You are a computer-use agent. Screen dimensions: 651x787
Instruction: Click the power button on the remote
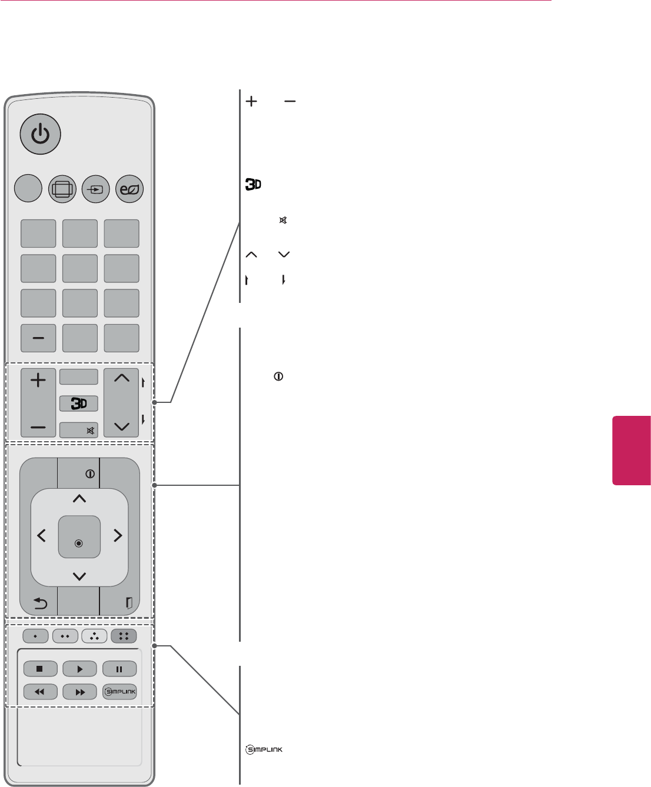[40, 134]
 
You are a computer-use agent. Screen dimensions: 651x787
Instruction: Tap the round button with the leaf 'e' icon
[129, 189]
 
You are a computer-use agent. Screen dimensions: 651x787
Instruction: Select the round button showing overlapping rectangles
[62, 189]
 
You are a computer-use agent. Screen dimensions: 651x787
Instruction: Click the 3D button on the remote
[79, 403]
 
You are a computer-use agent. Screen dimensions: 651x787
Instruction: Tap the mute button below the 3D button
[79, 431]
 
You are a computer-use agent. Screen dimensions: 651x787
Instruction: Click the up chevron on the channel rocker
[121, 379]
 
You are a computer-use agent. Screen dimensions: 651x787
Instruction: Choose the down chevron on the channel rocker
[121, 426]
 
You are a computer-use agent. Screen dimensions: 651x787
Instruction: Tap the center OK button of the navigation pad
[79, 537]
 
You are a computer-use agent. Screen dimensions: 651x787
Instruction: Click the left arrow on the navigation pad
[42, 535]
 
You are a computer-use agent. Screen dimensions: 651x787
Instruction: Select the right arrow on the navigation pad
[118, 535]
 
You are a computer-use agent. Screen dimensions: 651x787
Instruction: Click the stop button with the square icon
[40, 669]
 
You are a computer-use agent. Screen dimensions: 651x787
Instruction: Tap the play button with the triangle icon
[79, 669]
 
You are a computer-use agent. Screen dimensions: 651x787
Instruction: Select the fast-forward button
[79, 692]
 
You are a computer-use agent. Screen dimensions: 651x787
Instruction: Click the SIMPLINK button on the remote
[119, 692]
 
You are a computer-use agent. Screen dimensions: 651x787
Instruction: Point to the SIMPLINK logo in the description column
[264, 749]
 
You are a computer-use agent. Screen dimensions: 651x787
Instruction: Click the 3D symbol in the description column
[253, 185]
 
